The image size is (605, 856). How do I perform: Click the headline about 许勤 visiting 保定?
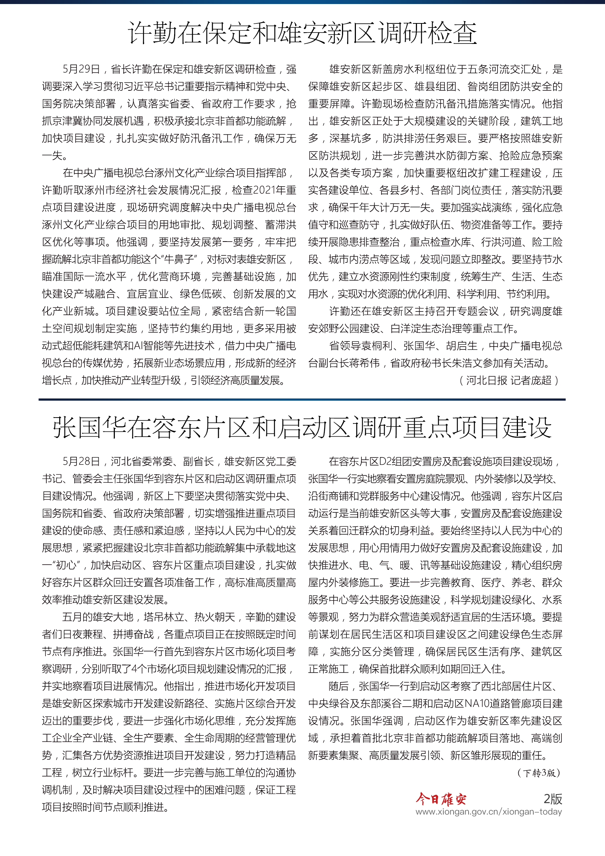click(302, 33)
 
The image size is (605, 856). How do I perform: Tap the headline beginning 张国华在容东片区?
click(302, 427)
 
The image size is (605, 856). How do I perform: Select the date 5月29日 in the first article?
click(81, 69)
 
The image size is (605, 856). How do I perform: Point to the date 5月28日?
click(81, 461)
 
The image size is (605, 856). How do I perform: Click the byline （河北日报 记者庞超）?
click(508, 380)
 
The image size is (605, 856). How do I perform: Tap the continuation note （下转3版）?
click(539, 773)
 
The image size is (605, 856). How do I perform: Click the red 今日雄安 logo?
click(441, 799)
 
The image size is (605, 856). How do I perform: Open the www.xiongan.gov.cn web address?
click(489, 812)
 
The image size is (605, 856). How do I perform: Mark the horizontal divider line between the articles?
click(302, 400)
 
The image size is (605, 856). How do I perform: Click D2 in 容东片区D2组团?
click(385, 461)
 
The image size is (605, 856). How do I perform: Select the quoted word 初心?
click(66, 565)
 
